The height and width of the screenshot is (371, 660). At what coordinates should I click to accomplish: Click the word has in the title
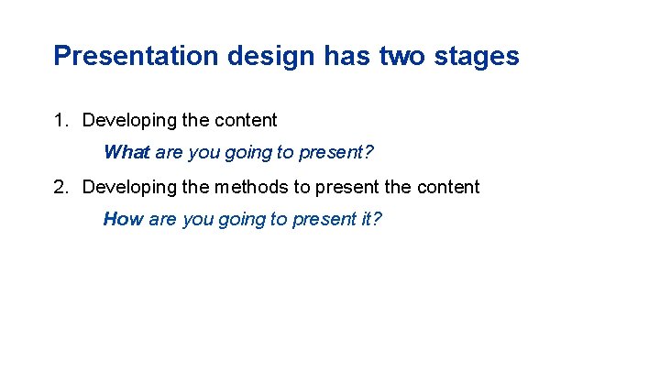pos(345,56)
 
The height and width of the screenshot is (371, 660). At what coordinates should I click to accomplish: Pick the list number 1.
pos(60,120)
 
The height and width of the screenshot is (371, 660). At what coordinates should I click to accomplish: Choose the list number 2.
pos(60,187)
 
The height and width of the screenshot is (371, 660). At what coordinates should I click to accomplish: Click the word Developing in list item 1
pos(127,120)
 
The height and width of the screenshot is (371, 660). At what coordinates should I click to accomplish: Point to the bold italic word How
pos(123,219)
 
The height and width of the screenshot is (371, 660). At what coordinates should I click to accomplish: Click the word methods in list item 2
pos(250,187)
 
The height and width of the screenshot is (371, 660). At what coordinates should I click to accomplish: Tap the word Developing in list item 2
pos(127,187)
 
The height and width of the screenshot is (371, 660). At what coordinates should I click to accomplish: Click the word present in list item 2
pos(345,187)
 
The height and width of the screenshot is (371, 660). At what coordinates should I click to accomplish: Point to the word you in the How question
pos(196,219)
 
